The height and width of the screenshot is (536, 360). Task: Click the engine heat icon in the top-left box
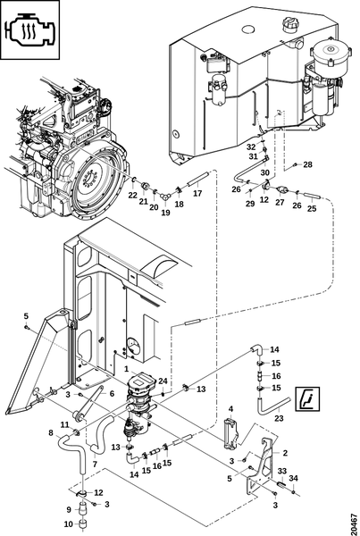pyautogui.click(x=29, y=29)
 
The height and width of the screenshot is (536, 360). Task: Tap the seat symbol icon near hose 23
pyautogui.click(x=307, y=398)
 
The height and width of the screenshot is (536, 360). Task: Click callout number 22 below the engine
pyautogui.click(x=132, y=195)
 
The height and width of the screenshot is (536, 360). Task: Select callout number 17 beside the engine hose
pyautogui.click(x=197, y=193)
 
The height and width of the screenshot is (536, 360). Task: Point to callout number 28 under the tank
pyautogui.click(x=307, y=164)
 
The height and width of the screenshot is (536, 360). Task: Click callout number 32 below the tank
pyautogui.click(x=251, y=147)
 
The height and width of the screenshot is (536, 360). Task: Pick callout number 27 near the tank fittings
pyautogui.click(x=280, y=202)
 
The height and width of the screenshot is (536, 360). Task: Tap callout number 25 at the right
pyautogui.click(x=312, y=208)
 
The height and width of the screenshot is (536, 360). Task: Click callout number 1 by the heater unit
pyautogui.click(x=126, y=369)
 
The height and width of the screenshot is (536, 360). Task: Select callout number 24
pyautogui.click(x=163, y=381)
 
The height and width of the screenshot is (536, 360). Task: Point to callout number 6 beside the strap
pyautogui.click(x=112, y=394)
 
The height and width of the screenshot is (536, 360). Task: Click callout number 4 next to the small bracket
pyautogui.click(x=230, y=408)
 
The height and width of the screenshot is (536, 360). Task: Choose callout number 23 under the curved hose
pyautogui.click(x=279, y=418)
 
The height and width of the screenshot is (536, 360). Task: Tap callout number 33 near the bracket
pyautogui.click(x=282, y=471)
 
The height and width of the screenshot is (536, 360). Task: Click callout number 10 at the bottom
pyautogui.click(x=69, y=524)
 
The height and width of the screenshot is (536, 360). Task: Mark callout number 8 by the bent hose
pyautogui.click(x=51, y=432)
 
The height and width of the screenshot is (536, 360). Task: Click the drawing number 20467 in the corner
pyautogui.click(x=355, y=522)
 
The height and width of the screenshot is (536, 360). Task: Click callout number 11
pyautogui.click(x=65, y=425)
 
